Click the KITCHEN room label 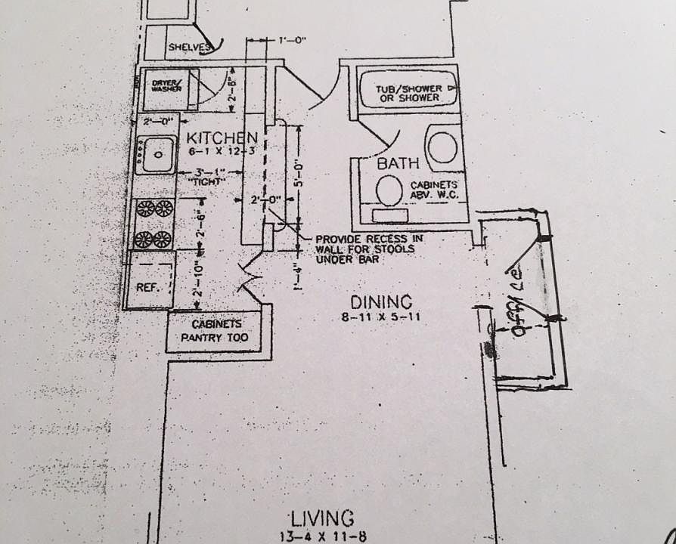[222, 138]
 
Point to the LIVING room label [322, 518]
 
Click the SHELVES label [188, 48]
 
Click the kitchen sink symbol [157, 156]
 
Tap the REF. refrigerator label [146, 288]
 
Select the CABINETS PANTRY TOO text [218, 331]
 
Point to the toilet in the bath [390, 190]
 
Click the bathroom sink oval [442, 145]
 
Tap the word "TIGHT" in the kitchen [202, 181]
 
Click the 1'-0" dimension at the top [290, 42]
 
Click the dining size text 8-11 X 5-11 [380, 317]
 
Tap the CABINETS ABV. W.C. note [439, 190]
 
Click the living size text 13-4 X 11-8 [322, 536]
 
